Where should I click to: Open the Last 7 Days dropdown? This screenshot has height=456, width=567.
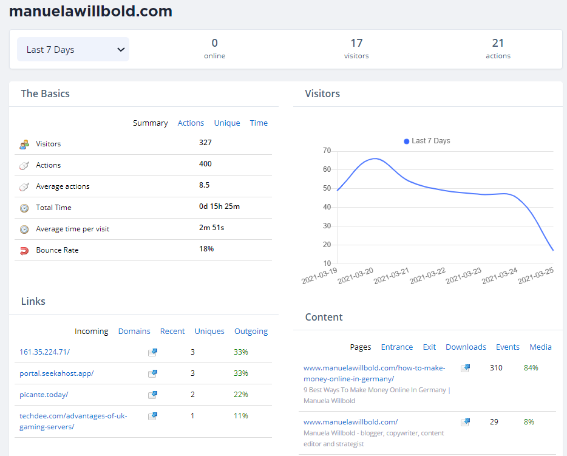73,49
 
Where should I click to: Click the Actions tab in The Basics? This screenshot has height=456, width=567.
191,123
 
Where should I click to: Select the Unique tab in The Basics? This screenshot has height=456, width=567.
227,123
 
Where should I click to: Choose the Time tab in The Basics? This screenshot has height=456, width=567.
259,123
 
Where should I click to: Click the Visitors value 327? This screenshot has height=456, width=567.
205,143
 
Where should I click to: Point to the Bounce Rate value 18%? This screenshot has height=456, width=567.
206,249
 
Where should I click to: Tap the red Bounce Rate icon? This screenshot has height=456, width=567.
24,250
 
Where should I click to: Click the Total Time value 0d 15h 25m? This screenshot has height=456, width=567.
219,206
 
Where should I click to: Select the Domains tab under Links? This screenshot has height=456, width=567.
134,332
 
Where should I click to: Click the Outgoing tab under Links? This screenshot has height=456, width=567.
251,332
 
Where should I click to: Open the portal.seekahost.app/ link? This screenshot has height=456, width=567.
56,373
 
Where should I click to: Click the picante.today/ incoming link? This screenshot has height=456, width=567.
44,395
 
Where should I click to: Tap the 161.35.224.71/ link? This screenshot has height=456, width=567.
44,352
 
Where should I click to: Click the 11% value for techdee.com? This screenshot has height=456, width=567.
241,416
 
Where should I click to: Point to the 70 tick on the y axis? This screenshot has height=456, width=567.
327,151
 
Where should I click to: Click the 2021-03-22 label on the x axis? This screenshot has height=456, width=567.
427,276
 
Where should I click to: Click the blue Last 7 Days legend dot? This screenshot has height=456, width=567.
407,141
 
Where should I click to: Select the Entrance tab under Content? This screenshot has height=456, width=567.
396,347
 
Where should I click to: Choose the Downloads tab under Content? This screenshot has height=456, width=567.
466,347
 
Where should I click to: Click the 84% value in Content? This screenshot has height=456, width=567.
531,368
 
